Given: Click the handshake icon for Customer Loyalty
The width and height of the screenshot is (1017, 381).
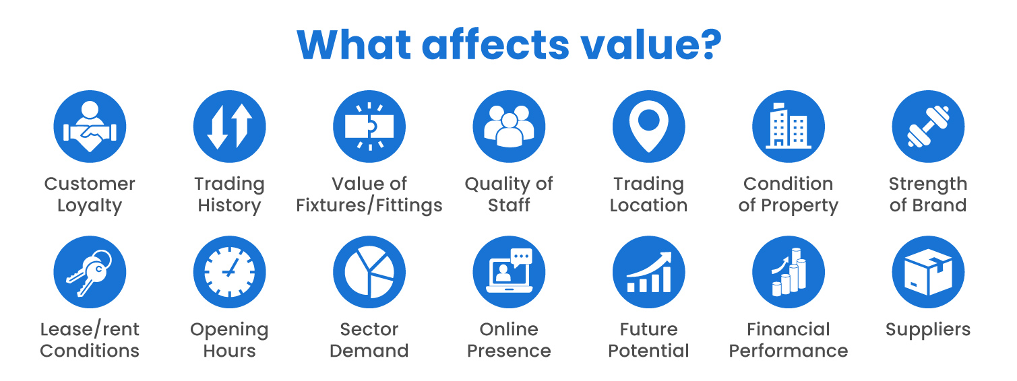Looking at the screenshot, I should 90,127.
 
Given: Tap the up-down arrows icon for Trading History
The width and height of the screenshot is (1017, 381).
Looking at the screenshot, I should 230,127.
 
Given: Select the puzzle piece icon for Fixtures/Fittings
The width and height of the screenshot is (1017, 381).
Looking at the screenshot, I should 369,127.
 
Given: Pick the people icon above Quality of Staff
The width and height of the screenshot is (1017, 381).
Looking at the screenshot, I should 509,127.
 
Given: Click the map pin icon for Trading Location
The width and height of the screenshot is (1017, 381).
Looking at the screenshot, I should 648,127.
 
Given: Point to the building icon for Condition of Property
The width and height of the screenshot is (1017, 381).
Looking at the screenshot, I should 789,127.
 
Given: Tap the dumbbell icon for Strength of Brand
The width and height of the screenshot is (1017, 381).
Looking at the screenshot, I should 928,127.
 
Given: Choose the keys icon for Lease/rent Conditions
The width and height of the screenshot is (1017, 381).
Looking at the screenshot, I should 90,272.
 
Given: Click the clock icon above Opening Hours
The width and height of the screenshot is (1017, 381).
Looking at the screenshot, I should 230,272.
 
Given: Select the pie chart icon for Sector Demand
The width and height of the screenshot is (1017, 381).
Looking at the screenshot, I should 369,272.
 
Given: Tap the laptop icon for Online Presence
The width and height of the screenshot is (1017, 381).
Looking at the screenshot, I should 509,272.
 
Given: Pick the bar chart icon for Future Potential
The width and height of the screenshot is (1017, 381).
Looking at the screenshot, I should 648,272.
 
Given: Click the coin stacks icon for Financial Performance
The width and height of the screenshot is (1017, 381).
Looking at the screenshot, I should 789,272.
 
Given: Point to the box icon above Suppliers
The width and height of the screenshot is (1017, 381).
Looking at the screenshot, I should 928,272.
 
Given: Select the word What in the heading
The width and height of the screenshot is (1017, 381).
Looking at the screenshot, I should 353,44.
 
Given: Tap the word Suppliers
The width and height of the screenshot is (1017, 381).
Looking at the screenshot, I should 928,330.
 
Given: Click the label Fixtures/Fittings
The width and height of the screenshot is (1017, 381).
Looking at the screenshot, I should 369,205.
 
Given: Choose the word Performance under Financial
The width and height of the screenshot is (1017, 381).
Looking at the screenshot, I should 789,351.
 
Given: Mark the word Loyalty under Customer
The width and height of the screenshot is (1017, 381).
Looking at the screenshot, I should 90,206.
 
